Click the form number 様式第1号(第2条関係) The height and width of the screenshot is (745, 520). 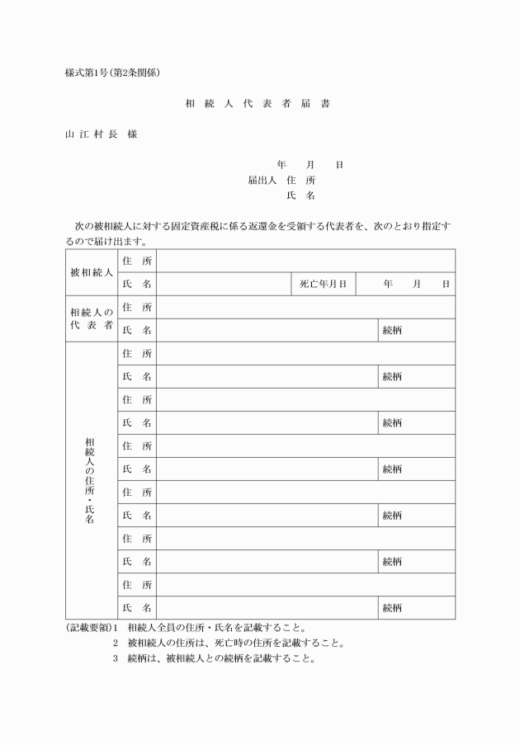[x=111, y=72]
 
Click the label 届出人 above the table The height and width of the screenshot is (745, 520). [x=262, y=179]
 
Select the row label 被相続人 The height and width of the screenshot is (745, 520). [x=91, y=272]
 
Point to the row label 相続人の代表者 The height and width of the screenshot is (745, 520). [x=91, y=318]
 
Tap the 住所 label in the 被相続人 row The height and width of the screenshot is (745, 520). [x=137, y=261]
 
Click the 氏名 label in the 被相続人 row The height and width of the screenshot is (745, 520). [x=137, y=284]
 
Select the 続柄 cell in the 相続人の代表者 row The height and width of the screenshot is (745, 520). [x=392, y=330]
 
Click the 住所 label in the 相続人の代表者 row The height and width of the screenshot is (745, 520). [x=137, y=307]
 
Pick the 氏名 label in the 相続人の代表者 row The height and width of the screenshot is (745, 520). [x=137, y=330]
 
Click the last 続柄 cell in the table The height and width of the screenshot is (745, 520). [x=392, y=608]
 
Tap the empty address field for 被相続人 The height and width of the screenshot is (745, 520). [x=305, y=261]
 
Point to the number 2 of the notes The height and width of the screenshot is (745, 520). [x=116, y=644]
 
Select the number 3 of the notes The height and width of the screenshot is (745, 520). [x=116, y=659]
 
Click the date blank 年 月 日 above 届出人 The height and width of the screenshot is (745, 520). [x=310, y=164]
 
